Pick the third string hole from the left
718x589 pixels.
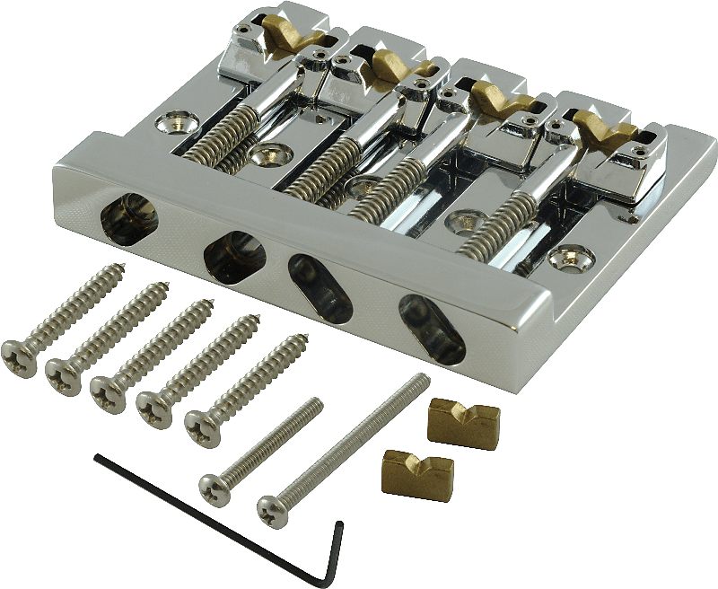point(319,286)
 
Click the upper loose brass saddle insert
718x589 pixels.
point(462,420)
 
